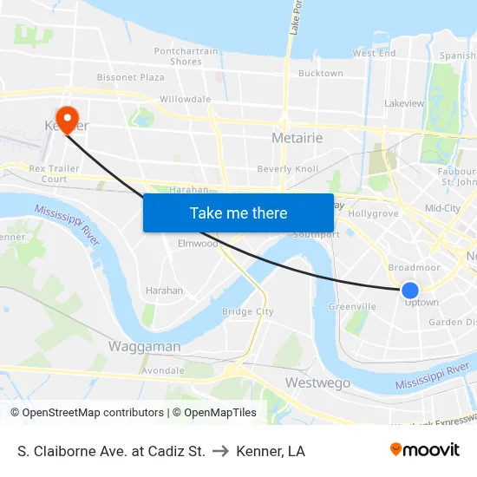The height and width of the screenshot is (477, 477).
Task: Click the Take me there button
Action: (x=238, y=212)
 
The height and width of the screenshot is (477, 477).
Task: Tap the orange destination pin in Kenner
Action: (x=66, y=118)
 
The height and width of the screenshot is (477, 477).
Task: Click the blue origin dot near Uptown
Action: (x=410, y=291)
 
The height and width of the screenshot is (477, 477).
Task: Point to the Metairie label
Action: (x=297, y=138)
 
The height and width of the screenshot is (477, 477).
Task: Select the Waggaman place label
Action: (x=145, y=346)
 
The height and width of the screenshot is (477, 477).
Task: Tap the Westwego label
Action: (x=317, y=382)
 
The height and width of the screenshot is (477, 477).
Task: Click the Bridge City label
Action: (x=248, y=311)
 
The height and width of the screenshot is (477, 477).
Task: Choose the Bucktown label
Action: (x=320, y=74)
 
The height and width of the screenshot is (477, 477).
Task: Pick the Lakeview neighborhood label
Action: (x=404, y=103)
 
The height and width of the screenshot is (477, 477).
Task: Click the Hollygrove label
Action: (x=373, y=212)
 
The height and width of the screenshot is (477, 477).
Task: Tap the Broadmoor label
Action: (x=415, y=268)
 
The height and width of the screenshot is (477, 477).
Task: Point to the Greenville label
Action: (x=352, y=306)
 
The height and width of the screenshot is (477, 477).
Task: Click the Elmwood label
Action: (x=198, y=244)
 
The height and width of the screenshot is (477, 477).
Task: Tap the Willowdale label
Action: (x=185, y=100)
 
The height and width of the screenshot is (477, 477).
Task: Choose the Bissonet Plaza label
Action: (x=130, y=77)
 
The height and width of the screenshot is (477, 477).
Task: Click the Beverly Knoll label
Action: (x=288, y=169)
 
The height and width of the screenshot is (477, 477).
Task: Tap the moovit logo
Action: (x=425, y=450)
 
